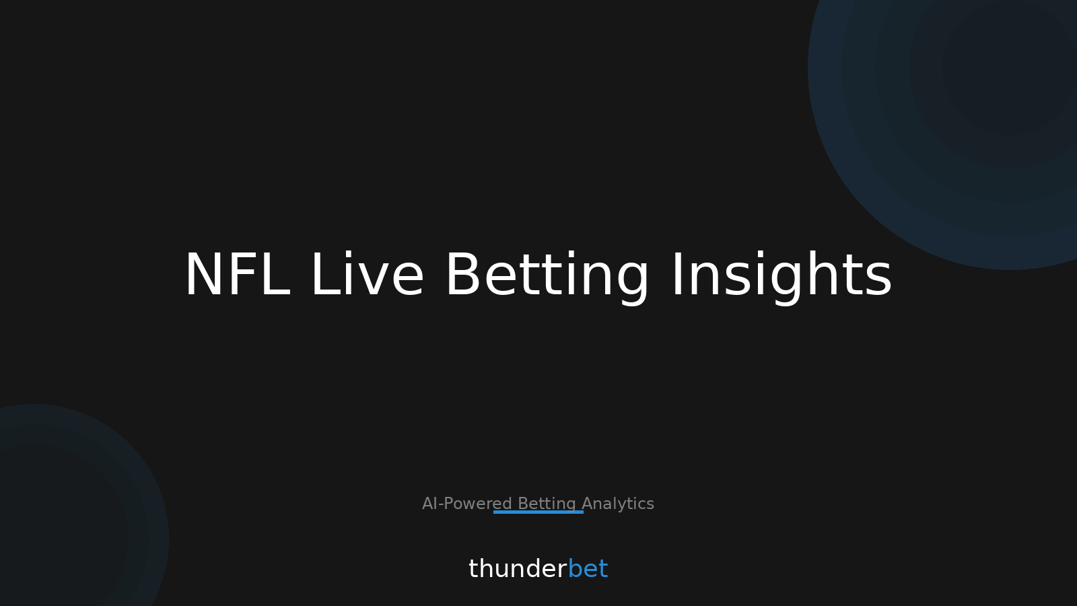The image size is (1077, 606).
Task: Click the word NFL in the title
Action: coord(236,275)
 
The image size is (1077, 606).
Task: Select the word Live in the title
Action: coord(367,275)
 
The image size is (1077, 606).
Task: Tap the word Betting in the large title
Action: coord(547,275)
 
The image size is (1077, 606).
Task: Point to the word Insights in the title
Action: coord(781,275)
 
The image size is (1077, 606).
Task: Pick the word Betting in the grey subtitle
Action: coord(547,504)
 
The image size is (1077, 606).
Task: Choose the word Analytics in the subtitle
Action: coord(618,504)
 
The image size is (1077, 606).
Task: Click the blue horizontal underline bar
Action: coord(538,512)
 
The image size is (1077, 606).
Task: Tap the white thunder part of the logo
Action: coord(517,569)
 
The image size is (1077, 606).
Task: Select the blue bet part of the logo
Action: coord(588,569)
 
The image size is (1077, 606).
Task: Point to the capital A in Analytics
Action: coord(587,504)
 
